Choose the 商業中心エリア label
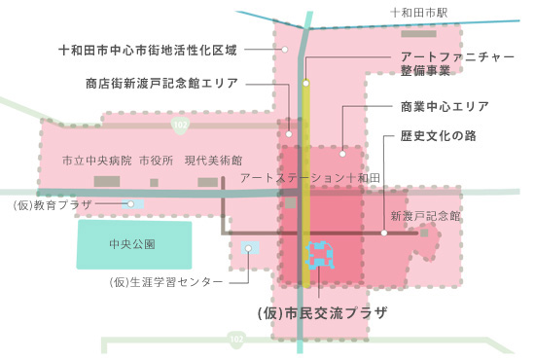click(444, 106)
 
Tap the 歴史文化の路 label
click(438, 136)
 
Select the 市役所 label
click(156, 160)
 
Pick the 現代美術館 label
click(213, 160)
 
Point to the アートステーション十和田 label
click(307, 179)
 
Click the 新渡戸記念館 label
click(425, 215)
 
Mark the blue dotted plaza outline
click(319, 255)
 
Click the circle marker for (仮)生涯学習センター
click(249, 249)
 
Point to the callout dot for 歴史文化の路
click(385, 234)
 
